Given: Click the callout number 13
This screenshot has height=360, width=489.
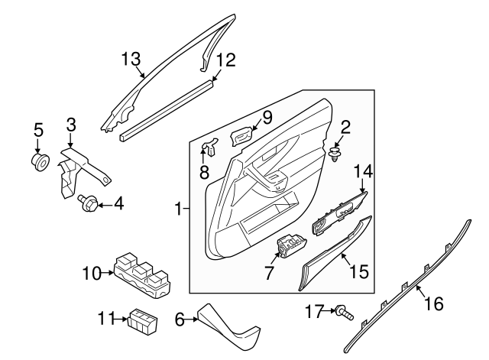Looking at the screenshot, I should pos(131,58).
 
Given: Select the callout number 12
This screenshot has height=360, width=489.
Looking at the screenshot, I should pos(225,59).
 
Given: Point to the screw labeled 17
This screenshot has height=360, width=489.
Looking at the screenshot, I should pos(345,311).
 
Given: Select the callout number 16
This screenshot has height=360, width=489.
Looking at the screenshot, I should pos(433,304).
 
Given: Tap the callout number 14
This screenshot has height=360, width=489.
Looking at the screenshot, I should pos(361,171).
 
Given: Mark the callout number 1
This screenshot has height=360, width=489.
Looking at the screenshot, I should pos(177,208).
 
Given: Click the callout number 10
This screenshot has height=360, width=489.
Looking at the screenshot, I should pos(92,272).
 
